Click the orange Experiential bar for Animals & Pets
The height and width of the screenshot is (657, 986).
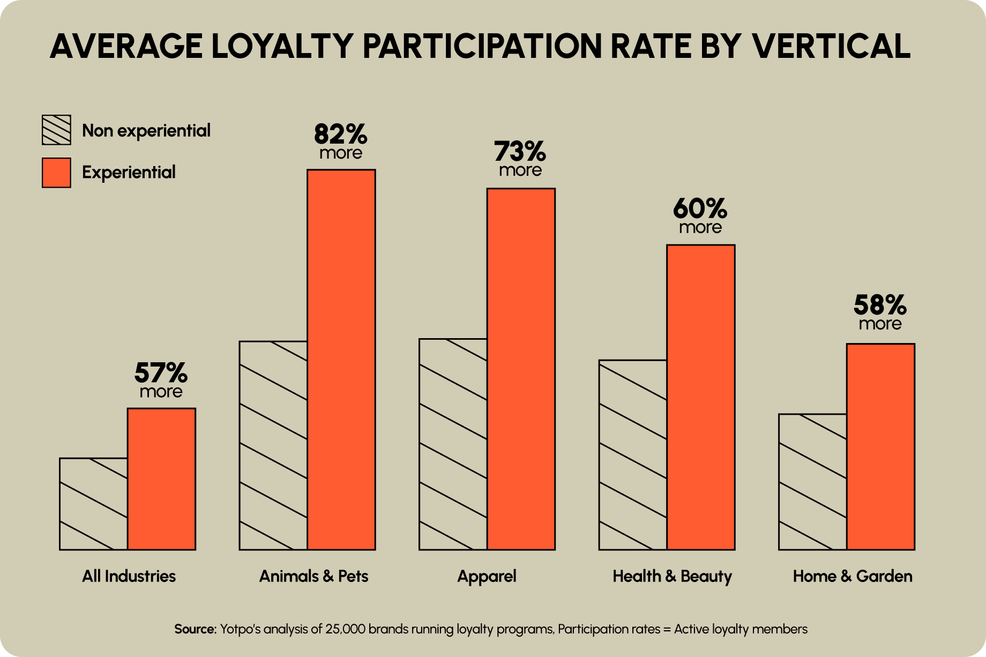click(x=341, y=359)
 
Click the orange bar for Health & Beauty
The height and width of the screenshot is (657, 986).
click(x=701, y=397)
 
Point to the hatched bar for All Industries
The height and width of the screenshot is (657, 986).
click(x=93, y=504)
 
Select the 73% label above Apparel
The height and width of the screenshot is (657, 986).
click(x=520, y=152)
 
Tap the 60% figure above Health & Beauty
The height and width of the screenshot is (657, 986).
click(x=700, y=210)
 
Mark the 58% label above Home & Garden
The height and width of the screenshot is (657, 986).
click(x=880, y=306)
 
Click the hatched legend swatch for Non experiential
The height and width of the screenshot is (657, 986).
click(x=56, y=130)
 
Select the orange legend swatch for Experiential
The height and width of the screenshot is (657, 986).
click(x=56, y=173)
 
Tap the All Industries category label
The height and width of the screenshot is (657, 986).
click(x=129, y=577)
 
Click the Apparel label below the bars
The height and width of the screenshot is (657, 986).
click(x=487, y=577)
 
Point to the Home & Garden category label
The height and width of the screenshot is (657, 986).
click(x=853, y=577)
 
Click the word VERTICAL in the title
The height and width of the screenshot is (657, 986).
click(x=831, y=46)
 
